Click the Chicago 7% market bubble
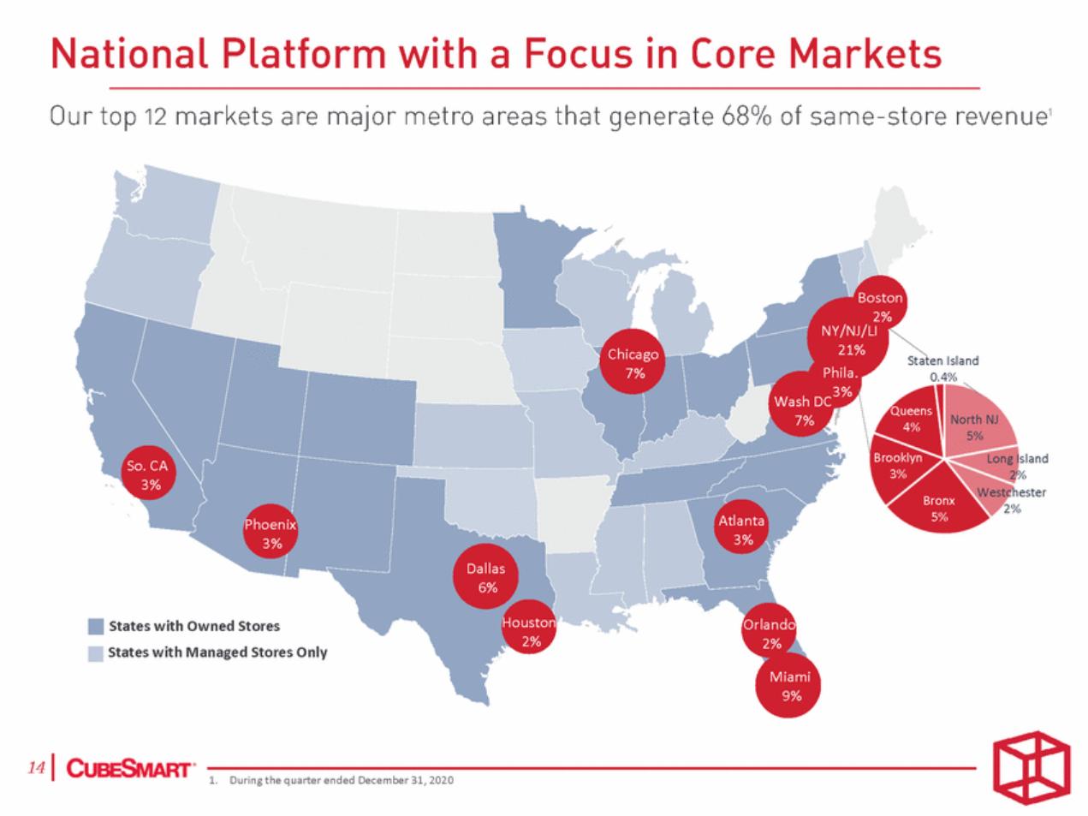[632, 361]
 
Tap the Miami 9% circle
[788, 685]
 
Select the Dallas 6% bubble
[485, 576]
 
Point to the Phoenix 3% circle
[271, 532]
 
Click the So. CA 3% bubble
[149, 473]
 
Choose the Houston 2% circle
[529, 627]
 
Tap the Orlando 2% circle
[769, 630]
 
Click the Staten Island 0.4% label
[942, 368]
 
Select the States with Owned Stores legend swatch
[96, 626]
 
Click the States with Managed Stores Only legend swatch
[96, 653]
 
